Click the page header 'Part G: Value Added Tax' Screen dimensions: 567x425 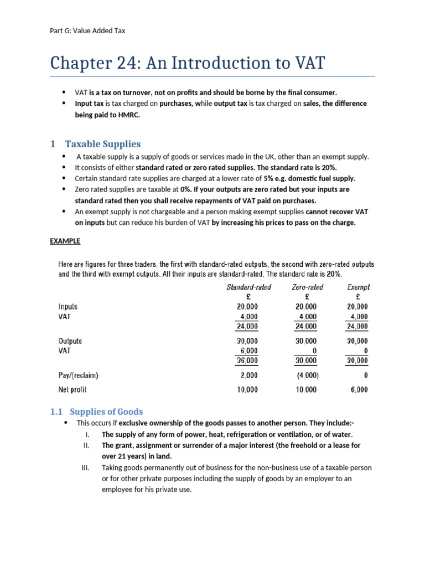(x=87, y=30)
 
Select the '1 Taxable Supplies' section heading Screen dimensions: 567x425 (x=95, y=144)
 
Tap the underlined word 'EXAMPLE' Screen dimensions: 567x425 (x=65, y=241)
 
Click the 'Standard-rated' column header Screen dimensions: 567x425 (x=248, y=287)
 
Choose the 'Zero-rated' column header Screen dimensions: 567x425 (x=307, y=287)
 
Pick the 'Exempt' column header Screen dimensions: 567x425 (x=358, y=287)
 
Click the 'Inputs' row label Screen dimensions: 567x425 (x=68, y=306)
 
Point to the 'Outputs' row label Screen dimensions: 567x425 (x=70, y=341)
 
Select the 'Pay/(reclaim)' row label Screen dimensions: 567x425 (x=78, y=375)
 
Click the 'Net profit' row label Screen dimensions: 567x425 (x=72, y=390)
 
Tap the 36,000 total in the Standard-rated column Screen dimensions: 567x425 (x=247, y=360)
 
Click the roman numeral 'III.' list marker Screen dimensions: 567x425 (x=86, y=468)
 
